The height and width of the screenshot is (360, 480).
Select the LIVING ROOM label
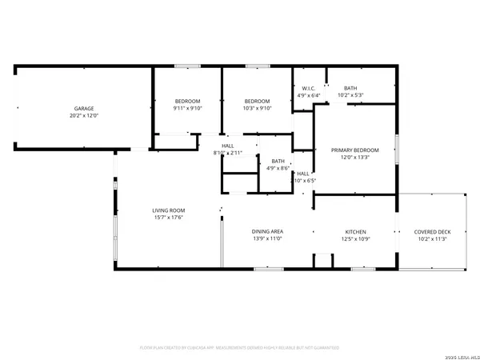169,210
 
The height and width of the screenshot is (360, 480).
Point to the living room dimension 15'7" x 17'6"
169,218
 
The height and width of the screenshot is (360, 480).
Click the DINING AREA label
267,230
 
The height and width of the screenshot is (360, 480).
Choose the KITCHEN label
354,230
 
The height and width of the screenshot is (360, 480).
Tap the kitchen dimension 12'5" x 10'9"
354,238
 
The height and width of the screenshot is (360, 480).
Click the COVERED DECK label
432,231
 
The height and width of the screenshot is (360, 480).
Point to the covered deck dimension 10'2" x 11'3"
432,238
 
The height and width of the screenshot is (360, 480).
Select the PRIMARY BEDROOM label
354,150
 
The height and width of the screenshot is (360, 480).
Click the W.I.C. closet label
307,88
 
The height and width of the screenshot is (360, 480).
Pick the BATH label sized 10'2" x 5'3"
351,88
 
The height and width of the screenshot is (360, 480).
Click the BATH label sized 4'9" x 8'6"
278,161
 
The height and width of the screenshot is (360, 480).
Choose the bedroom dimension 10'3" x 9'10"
258,108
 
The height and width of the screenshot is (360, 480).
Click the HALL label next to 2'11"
227,145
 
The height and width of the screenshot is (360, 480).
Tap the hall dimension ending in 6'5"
306,181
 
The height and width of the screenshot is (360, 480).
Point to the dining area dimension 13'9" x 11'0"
267,238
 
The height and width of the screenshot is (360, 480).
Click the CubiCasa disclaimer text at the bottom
239,348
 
